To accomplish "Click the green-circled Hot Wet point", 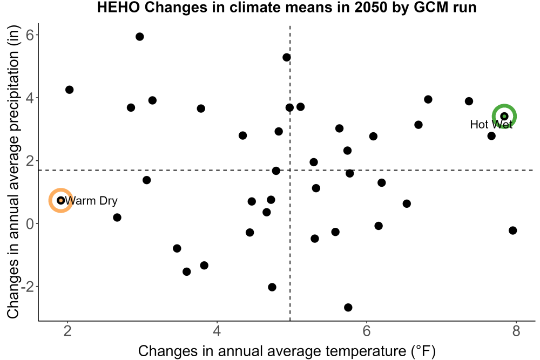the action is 504,117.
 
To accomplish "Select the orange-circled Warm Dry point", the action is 61,200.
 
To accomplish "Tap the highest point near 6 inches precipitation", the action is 139,37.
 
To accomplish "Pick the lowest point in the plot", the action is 348,307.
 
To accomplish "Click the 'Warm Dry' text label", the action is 91,201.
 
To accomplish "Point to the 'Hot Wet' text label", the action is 491,124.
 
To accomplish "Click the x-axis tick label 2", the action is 67,331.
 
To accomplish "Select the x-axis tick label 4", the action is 217,331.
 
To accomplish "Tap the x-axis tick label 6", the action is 367,331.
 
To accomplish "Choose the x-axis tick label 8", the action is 516,331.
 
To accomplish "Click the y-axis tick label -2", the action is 28,287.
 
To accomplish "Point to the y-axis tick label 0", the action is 30,223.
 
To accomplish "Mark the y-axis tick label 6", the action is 30,35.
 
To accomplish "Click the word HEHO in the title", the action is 118,7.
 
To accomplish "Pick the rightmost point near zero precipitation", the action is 513,230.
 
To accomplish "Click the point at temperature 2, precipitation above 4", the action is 69,90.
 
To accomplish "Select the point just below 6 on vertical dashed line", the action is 287,57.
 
